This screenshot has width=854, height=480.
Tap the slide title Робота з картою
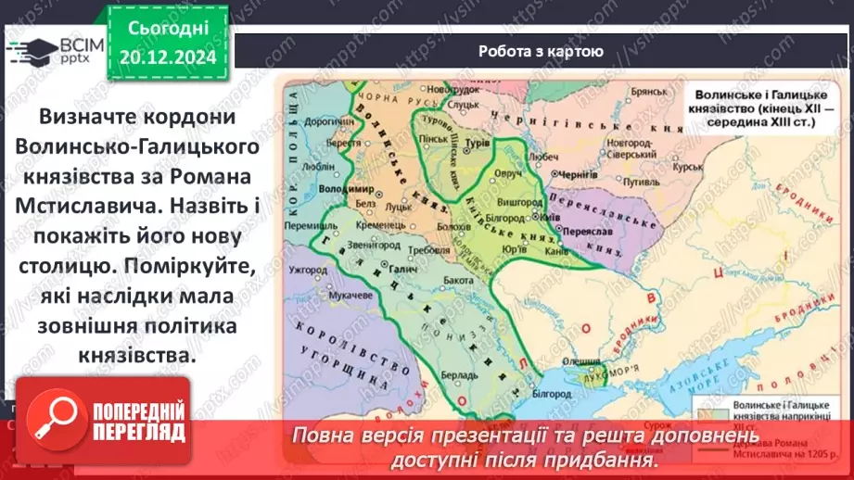[x=542, y=52]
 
